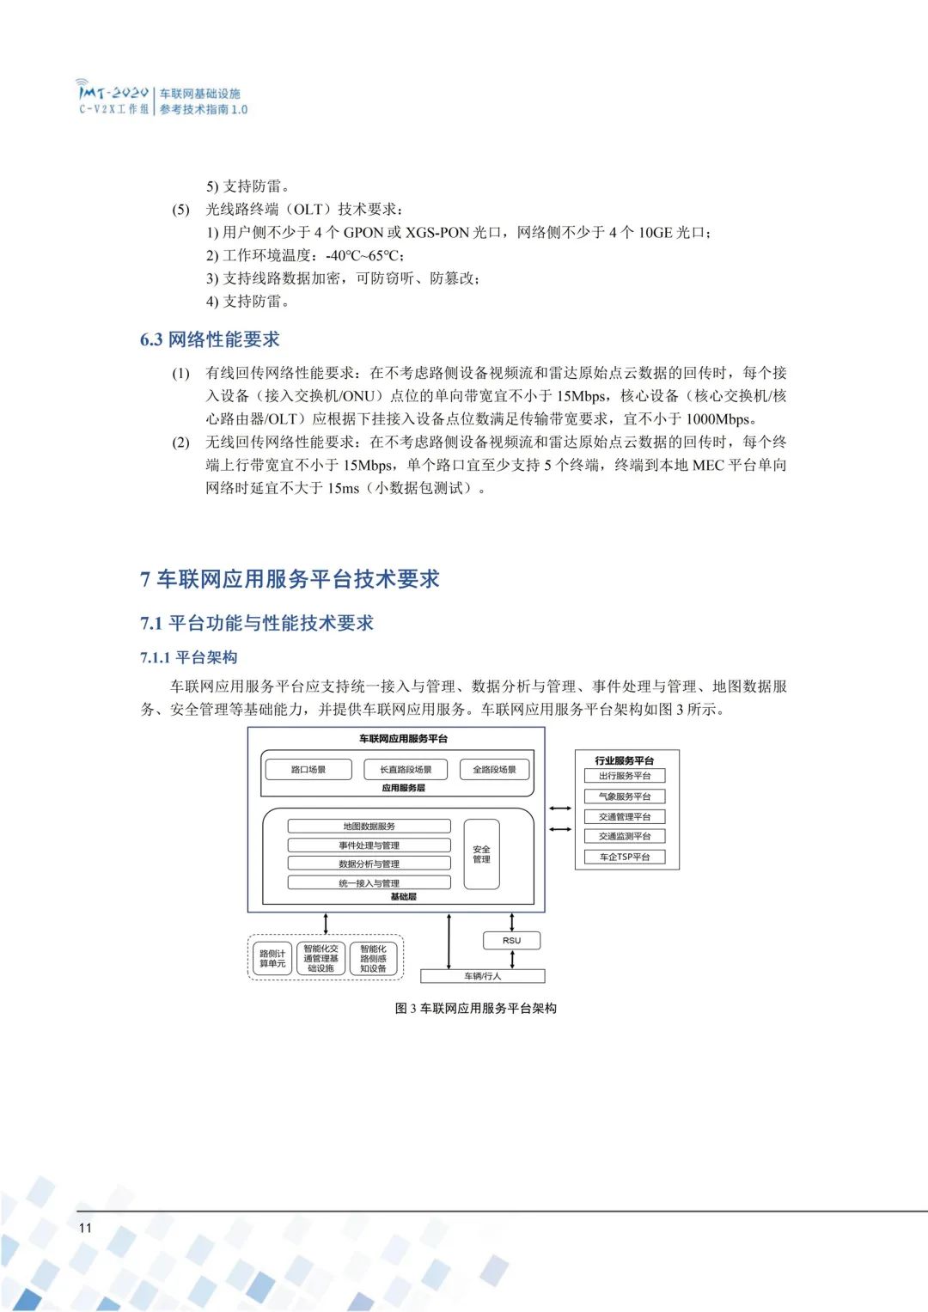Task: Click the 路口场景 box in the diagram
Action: (308, 770)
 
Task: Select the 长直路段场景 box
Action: (406, 770)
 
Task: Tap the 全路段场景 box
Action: (494, 770)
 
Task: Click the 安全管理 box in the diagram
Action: (481, 854)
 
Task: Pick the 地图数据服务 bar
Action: (369, 827)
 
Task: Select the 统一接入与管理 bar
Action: (369, 883)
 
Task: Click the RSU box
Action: (512, 941)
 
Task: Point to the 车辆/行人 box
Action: (482, 976)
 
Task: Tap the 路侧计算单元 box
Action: (272, 959)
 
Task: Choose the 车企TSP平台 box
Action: (625, 857)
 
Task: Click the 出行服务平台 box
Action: (625, 776)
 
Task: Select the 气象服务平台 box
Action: (625, 796)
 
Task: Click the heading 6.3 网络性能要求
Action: (210, 339)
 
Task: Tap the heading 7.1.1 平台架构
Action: (188, 657)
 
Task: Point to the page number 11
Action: (85, 1228)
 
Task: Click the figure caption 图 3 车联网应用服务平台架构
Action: (475, 1008)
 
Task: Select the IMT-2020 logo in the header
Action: (113, 97)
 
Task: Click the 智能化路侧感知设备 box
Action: (373, 959)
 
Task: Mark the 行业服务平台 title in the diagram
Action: (625, 760)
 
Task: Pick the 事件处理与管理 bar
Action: (369, 845)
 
